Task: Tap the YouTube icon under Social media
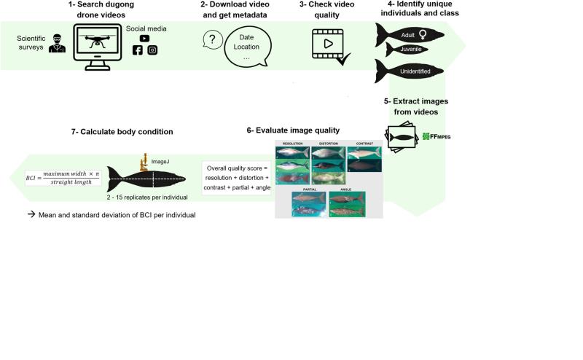[145, 38]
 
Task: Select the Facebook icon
[137, 50]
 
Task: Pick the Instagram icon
[152, 50]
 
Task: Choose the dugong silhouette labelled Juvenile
[408, 50]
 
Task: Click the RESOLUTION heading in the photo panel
[291, 144]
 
